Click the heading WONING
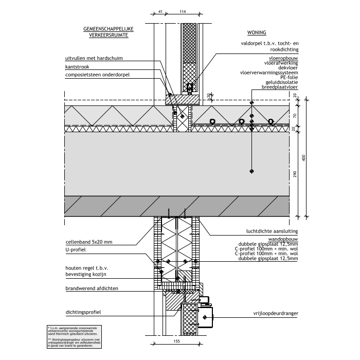coord(256,32)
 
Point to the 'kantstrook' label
coord(77,67)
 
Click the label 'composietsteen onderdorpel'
coord(97,76)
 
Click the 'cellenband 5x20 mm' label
coord(89,242)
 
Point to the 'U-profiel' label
coord(76,249)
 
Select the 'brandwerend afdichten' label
coord(92,289)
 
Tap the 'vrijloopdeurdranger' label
coord(276,313)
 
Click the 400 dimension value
coord(304,158)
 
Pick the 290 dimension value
coord(295,175)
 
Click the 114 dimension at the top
coord(183,11)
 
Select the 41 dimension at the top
coord(160,11)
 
